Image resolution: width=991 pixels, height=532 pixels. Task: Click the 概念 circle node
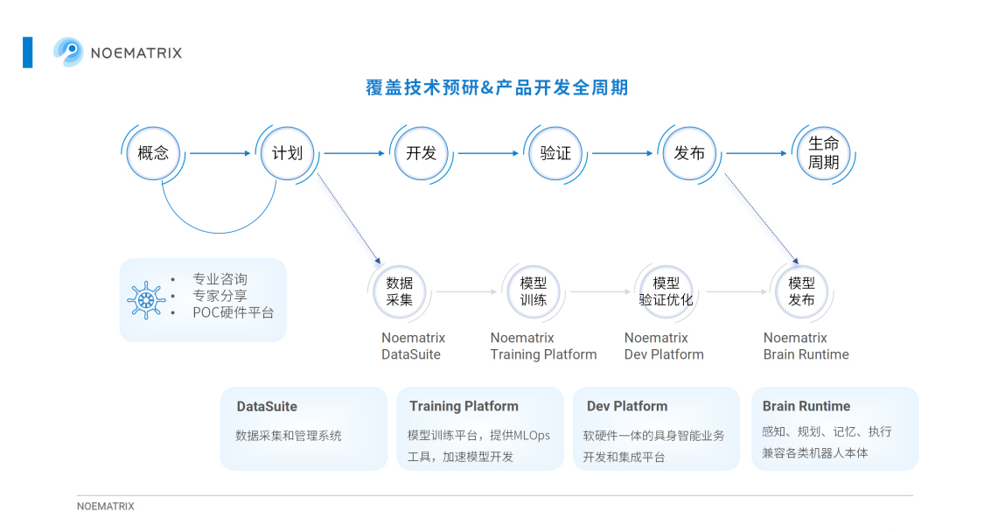pyautogui.click(x=153, y=153)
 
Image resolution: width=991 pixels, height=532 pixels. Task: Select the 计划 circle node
pyautogui.click(x=287, y=153)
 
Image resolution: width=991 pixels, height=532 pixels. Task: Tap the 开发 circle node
pyautogui.click(x=421, y=153)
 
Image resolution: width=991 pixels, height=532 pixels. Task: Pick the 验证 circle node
pyautogui.click(x=555, y=153)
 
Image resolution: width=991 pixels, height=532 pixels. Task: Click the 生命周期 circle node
pyautogui.click(x=823, y=153)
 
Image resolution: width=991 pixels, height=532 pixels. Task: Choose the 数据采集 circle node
pyautogui.click(x=400, y=291)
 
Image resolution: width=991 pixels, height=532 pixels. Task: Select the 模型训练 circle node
pyautogui.click(x=534, y=291)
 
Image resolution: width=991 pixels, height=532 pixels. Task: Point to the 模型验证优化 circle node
pyautogui.click(x=666, y=291)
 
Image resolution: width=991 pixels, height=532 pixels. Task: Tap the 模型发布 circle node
pyautogui.click(x=801, y=291)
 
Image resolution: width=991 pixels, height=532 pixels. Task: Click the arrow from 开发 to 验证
pyautogui.click(x=489, y=153)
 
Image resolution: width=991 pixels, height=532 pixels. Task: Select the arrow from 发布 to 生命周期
pyautogui.click(x=757, y=153)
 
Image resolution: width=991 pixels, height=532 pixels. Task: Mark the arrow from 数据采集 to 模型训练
pyautogui.click(x=467, y=291)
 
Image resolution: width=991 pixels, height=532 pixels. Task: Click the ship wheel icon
pyautogui.click(x=146, y=300)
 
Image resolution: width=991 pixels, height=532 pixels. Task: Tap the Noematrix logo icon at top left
pyautogui.click(x=68, y=52)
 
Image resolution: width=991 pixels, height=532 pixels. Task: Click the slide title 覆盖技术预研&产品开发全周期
pyautogui.click(x=497, y=87)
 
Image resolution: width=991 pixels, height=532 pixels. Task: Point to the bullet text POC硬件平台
pyautogui.click(x=234, y=312)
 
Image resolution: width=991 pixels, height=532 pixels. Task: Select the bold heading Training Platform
pyautogui.click(x=464, y=406)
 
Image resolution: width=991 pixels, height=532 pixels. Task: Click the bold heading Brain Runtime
pyautogui.click(x=806, y=406)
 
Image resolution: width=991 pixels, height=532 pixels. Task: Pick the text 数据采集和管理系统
pyautogui.click(x=288, y=436)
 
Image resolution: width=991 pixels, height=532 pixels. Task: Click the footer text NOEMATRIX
pyautogui.click(x=106, y=506)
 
